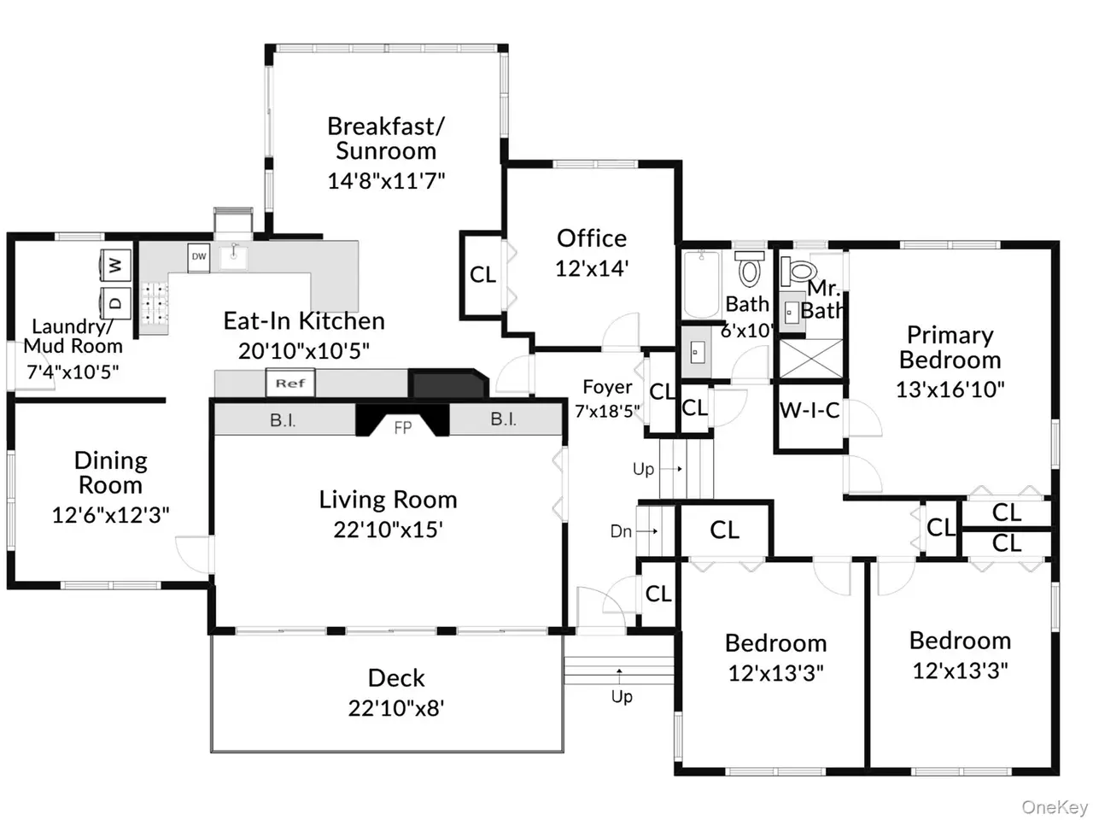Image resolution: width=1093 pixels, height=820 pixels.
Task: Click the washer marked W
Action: click(116, 265)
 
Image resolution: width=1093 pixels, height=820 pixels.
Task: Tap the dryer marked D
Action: click(116, 302)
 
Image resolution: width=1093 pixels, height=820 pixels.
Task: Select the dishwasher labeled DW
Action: click(199, 257)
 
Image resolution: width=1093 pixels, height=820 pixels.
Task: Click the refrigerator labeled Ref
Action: click(290, 383)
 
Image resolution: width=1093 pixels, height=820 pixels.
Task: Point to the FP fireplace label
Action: click(403, 427)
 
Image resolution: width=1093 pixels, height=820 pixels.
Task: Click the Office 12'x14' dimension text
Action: click(592, 268)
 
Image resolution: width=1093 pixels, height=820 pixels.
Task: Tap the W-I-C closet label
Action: click(810, 410)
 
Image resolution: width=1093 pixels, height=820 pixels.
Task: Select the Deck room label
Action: click(396, 678)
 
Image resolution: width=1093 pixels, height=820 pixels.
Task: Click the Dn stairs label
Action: click(621, 531)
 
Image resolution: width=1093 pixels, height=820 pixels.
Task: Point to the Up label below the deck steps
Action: click(622, 696)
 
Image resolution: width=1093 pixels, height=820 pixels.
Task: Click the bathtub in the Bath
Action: click(702, 284)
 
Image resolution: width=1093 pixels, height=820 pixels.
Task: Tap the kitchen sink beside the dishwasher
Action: click(233, 257)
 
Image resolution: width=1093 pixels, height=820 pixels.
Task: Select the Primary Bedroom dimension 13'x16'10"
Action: click(950, 389)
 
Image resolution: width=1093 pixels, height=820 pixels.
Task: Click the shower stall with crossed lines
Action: click(810, 359)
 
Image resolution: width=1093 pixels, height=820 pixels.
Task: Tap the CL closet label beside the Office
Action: click(482, 274)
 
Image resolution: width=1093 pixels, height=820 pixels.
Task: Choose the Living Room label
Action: click(388, 500)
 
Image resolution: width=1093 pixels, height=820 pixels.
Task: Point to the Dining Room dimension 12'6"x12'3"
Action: click(110, 515)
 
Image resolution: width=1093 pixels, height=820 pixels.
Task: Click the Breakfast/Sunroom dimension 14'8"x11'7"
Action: click(386, 180)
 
